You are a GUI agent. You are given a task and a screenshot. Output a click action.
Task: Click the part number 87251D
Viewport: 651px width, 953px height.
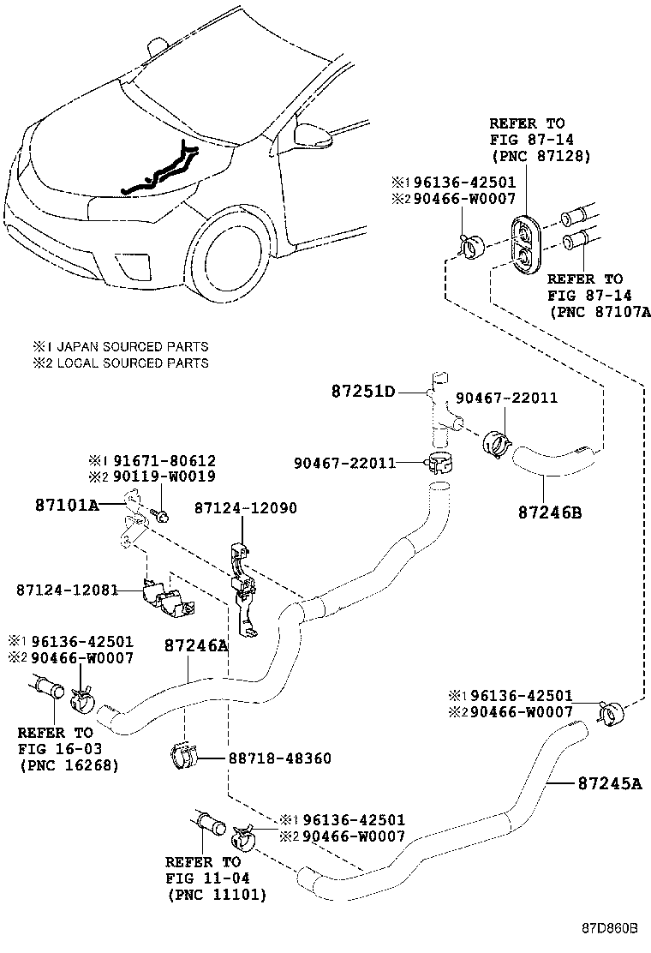(x=363, y=392)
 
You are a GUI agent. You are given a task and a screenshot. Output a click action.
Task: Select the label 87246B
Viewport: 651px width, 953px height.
(x=549, y=512)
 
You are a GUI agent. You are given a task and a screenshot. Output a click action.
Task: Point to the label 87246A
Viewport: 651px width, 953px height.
(x=196, y=645)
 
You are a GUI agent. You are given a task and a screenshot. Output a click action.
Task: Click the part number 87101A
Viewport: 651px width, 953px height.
(x=67, y=506)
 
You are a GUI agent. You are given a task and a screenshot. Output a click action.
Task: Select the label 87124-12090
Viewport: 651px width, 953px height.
(x=245, y=507)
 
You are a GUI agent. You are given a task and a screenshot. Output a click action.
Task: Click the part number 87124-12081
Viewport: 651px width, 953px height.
(x=67, y=590)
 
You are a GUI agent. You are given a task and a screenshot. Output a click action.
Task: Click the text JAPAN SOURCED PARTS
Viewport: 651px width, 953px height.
(x=127, y=347)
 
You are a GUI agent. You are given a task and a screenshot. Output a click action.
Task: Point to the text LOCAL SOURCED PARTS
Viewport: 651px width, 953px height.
(x=127, y=363)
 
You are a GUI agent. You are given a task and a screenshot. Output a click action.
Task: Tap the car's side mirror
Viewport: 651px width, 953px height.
(x=311, y=133)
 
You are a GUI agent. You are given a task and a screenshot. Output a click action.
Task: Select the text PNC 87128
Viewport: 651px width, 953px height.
(x=541, y=156)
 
